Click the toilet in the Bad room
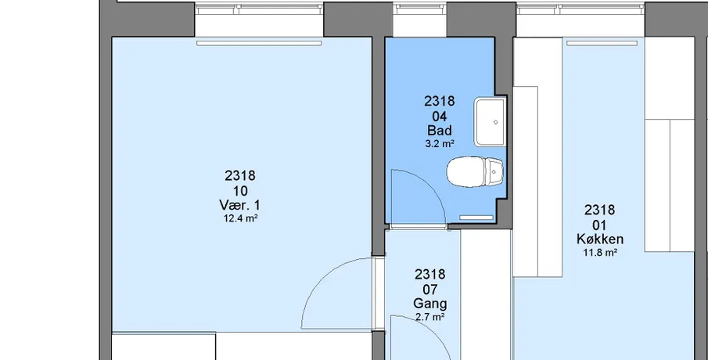pyautogui.click(x=475, y=171)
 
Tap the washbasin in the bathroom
pyautogui.click(x=490, y=122)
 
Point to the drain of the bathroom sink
pyautogui.click(x=496, y=122)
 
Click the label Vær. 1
pyautogui.click(x=239, y=205)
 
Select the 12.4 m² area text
pyautogui.click(x=241, y=218)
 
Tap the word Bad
pyautogui.click(x=440, y=131)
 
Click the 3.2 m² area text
pyautogui.click(x=440, y=144)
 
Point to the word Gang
pyautogui.click(x=429, y=304)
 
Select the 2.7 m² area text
pyautogui.click(x=429, y=317)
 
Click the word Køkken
pyautogui.click(x=600, y=239)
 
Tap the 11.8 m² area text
pyautogui.click(x=600, y=253)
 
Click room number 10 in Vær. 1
pyautogui.click(x=240, y=191)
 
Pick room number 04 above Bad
pyautogui.click(x=440, y=117)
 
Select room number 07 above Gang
pyautogui.click(x=429, y=290)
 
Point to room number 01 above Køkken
pyautogui.click(x=599, y=225)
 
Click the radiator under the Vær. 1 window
pyautogui.click(x=259, y=43)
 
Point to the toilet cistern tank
pyautogui.click(x=494, y=171)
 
